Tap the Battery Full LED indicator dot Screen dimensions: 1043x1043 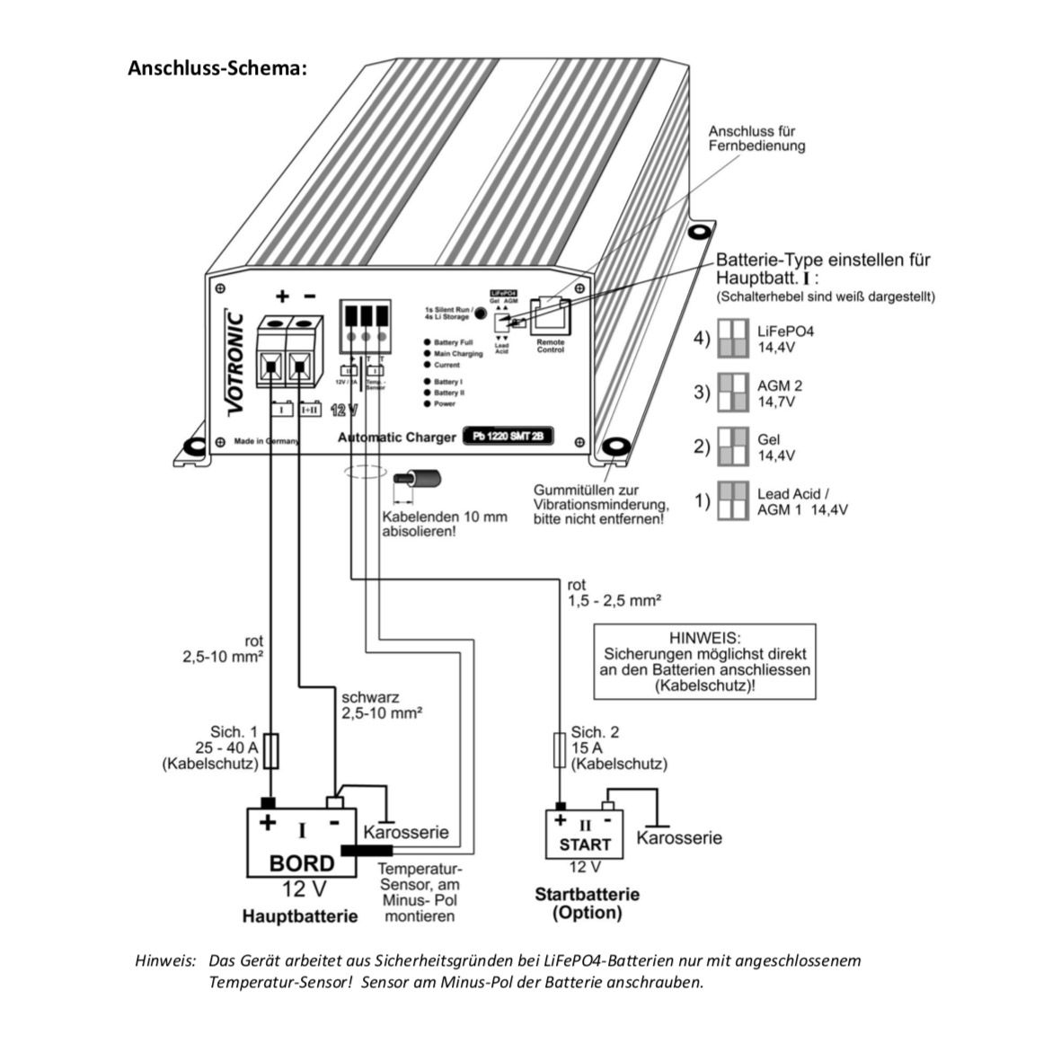(x=428, y=342)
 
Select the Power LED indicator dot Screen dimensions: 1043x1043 (x=428, y=404)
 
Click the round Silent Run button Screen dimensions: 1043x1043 (x=480, y=314)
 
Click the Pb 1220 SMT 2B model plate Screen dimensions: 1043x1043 (x=508, y=438)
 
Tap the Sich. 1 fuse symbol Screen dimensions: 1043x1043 (x=273, y=750)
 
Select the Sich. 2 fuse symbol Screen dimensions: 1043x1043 (x=559, y=750)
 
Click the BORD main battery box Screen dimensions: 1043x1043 (x=302, y=843)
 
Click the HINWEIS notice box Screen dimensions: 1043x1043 (x=704, y=661)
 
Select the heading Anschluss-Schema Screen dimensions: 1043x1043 (x=217, y=68)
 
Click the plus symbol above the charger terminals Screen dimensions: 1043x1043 (x=282, y=296)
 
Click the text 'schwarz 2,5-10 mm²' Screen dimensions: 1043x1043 (x=382, y=705)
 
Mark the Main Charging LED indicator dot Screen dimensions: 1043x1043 (x=428, y=354)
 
